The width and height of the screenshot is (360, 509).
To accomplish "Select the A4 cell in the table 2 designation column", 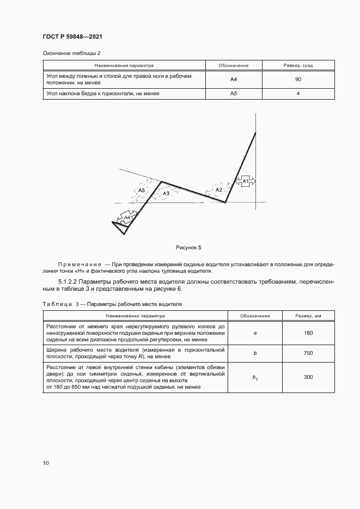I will click(x=234, y=79).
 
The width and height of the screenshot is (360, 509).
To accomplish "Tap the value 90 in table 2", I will click(x=298, y=79).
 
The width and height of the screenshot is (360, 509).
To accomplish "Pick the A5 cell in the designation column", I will click(x=234, y=94).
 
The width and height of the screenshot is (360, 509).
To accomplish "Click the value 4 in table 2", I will click(x=298, y=94).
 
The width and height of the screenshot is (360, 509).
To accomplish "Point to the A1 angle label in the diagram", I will click(x=245, y=181).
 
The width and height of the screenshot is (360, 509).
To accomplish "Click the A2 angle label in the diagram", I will click(x=218, y=189).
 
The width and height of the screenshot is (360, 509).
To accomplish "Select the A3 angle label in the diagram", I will click(x=166, y=193).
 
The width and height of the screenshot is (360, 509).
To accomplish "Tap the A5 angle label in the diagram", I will click(x=142, y=191).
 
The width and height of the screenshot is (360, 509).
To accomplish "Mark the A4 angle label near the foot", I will click(x=127, y=218).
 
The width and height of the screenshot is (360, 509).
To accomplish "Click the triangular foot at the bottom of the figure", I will click(x=118, y=226).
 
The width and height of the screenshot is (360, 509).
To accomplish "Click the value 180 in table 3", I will click(x=308, y=333).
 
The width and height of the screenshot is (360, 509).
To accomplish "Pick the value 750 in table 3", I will click(x=308, y=353).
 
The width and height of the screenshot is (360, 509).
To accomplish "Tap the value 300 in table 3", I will click(x=308, y=377).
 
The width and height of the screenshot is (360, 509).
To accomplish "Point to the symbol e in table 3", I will click(x=255, y=333).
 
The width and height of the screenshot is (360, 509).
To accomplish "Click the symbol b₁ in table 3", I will click(x=255, y=377).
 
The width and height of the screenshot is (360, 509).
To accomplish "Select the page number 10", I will click(x=46, y=463).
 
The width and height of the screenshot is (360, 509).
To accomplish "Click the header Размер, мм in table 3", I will click(x=308, y=315).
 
